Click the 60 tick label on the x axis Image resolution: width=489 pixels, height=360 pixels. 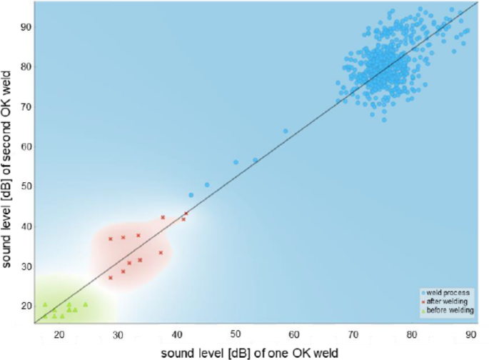click(293, 334)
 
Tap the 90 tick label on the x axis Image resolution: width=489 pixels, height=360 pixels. click(470, 334)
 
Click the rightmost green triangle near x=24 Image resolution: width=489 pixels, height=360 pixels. click(85, 304)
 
